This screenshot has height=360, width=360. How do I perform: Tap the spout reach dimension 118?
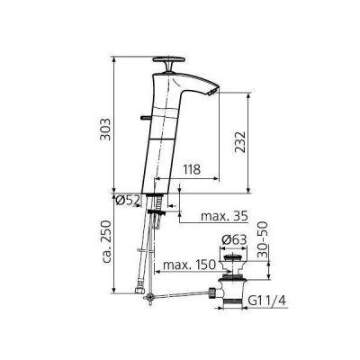[x=190, y=167]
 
